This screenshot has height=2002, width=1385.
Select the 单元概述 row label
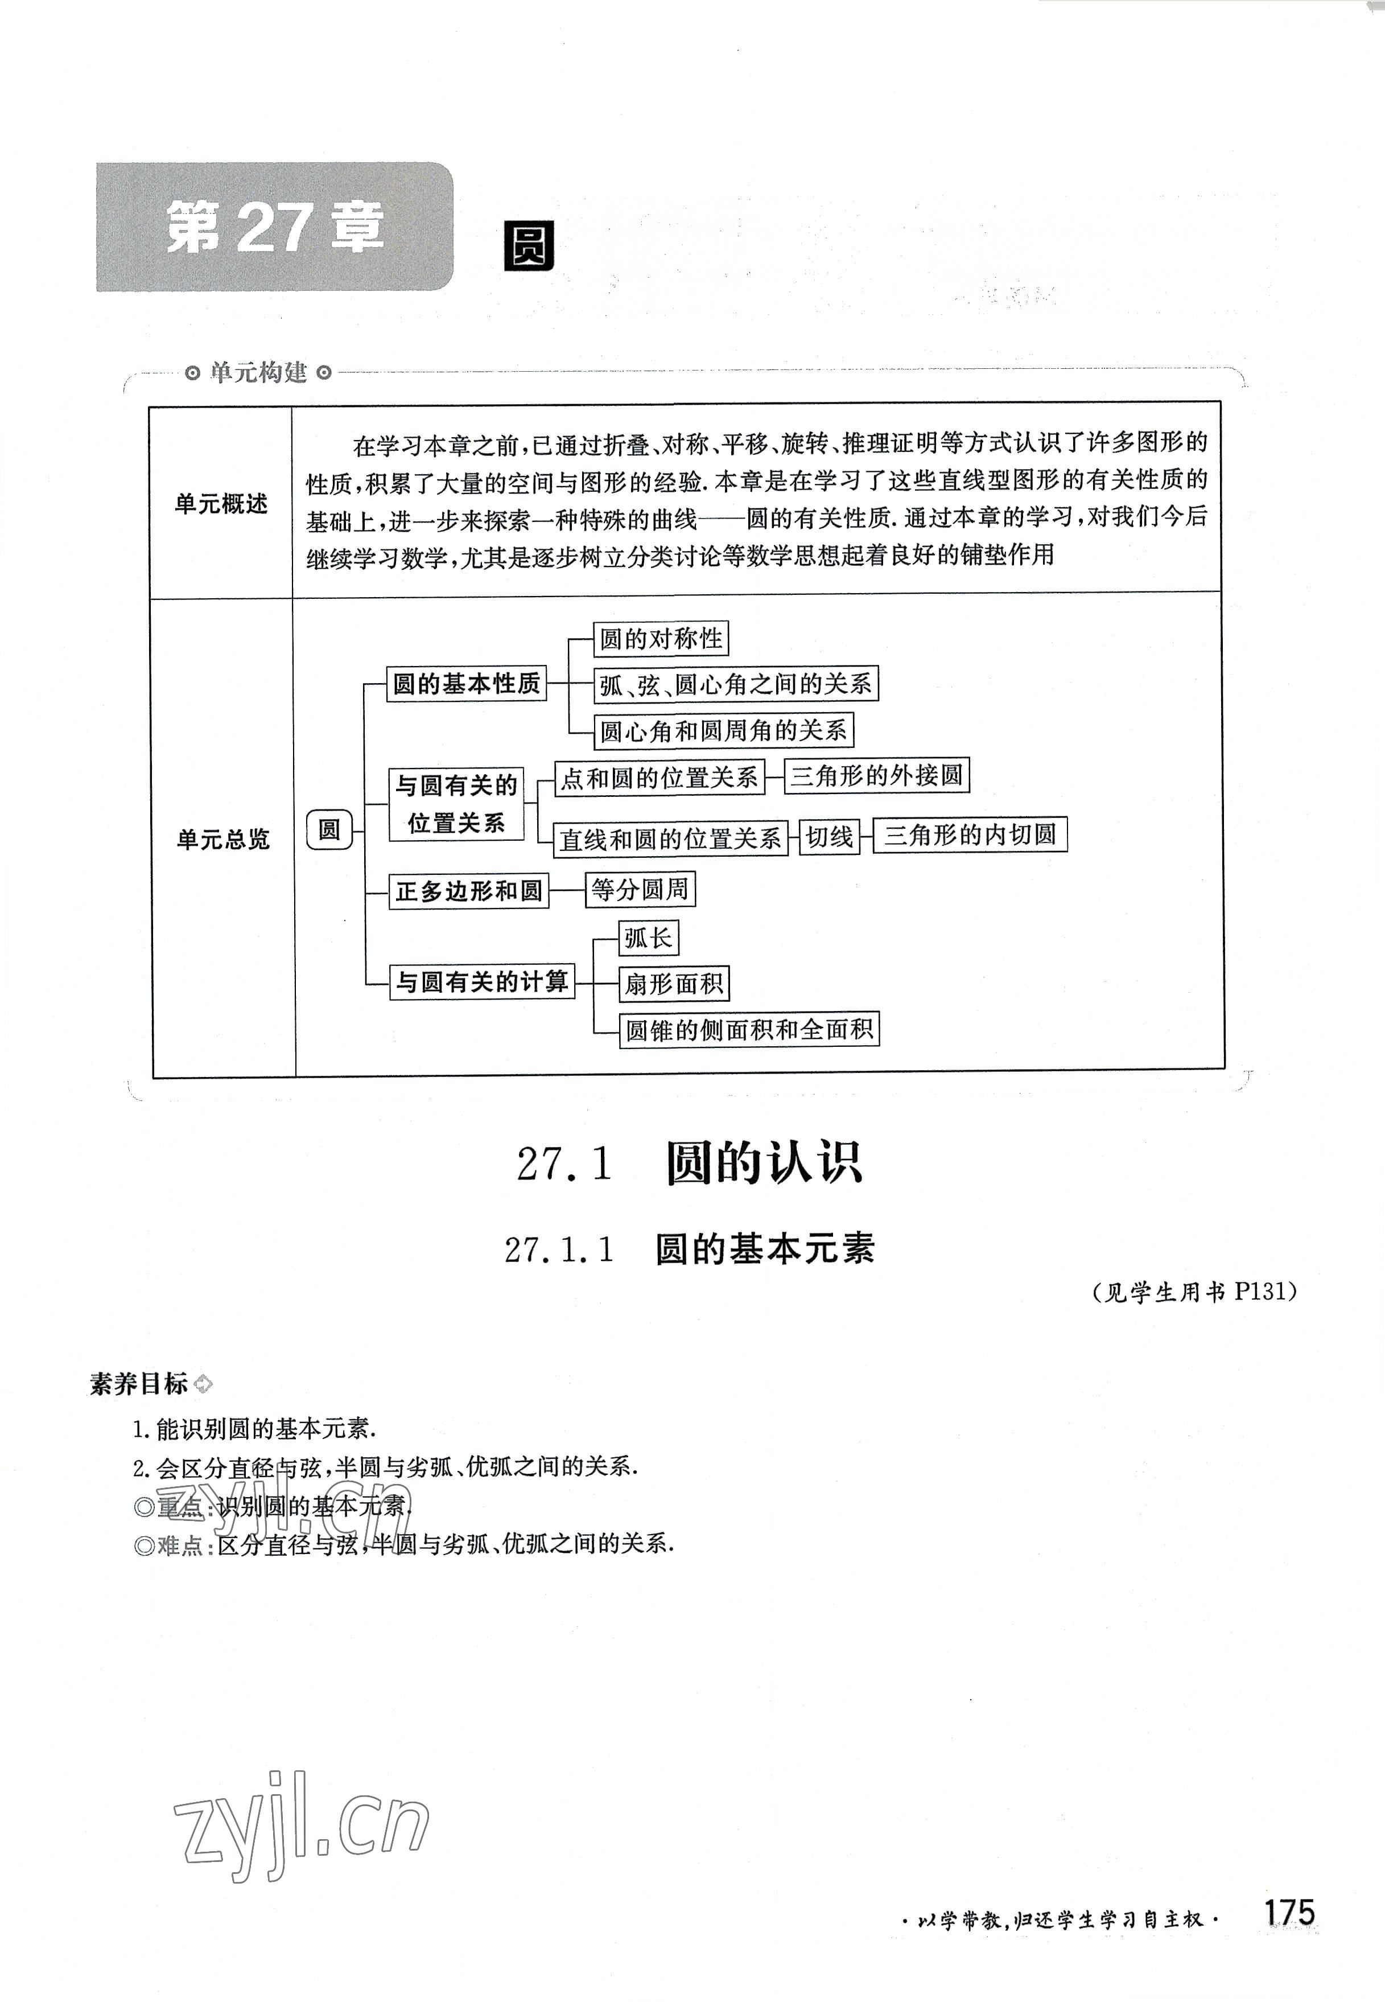click(221, 504)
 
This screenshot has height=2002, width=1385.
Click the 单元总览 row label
click(223, 838)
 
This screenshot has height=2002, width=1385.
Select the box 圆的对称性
click(661, 639)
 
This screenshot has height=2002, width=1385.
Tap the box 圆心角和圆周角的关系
click(723, 730)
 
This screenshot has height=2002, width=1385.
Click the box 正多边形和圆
click(469, 891)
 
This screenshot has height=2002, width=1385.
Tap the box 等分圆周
click(640, 889)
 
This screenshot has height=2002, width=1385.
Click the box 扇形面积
click(673, 984)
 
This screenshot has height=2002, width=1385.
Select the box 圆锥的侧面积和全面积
click(749, 1030)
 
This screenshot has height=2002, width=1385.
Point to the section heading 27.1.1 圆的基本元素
click(690, 1250)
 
